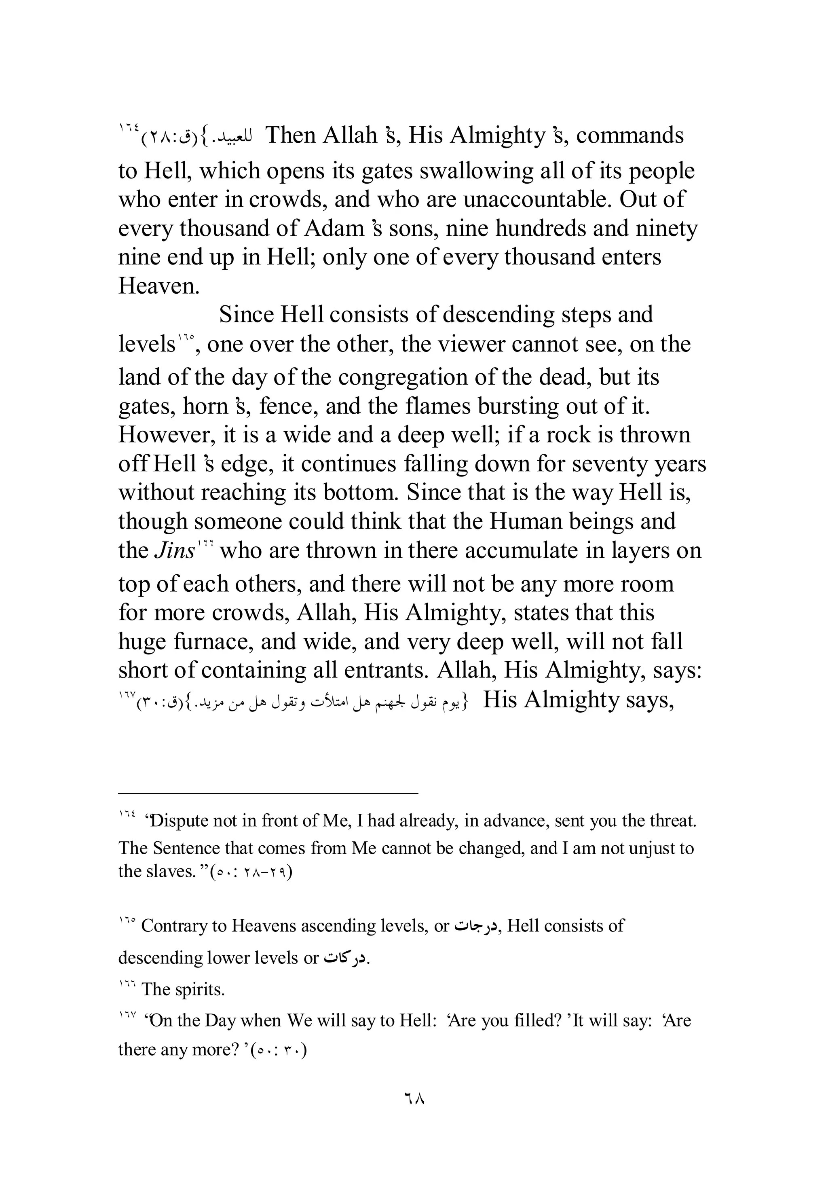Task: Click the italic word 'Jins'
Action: click(x=175, y=551)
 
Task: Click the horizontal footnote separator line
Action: click(x=268, y=794)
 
